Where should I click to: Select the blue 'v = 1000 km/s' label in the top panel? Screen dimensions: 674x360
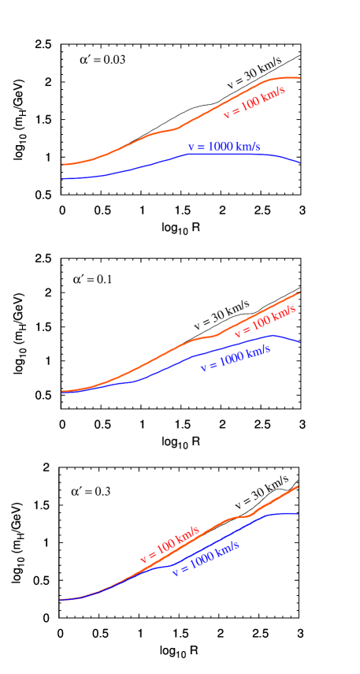tap(224, 147)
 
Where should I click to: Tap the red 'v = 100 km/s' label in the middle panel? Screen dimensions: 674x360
tap(265, 322)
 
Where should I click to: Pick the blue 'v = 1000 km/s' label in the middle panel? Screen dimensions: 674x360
tap(236, 358)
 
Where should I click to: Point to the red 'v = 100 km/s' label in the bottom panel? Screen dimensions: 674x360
tap(170, 544)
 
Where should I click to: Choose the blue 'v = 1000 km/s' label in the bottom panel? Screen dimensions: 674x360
tap(206, 558)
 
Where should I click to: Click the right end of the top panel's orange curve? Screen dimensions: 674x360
tap(300, 78)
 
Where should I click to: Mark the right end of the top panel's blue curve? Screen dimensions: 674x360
tap(300, 163)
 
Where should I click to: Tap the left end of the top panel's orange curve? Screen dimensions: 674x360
tap(62, 165)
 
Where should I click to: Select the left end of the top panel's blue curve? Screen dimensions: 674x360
tap(62, 179)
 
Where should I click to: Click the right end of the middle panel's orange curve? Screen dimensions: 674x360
tap(300, 292)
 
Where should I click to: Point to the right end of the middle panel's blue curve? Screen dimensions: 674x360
tap(300, 343)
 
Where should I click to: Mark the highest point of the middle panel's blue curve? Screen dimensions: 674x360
tap(273, 335)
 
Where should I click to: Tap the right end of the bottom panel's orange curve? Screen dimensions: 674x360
tap(300, 485)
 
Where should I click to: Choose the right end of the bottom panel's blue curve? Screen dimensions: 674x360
tap(299, 514)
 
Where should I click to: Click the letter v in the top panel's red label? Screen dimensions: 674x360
tap(227, 115)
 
